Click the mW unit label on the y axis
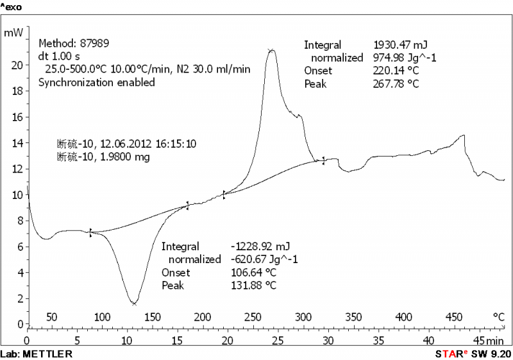13,31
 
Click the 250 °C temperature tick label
253,316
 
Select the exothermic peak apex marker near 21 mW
271,49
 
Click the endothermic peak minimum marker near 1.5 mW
134,304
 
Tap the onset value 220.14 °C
396,71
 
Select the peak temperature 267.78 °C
396,84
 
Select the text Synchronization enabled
96,82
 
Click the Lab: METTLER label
36,354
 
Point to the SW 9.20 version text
494,354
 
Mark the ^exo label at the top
11,6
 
